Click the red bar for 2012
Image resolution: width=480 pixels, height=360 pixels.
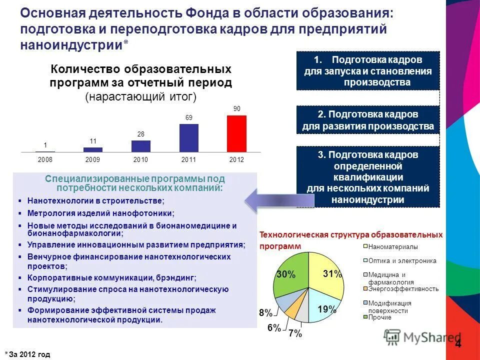(236, 133)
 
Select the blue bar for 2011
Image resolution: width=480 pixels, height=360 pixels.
(188, 137)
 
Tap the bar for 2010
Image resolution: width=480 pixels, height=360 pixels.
(141, 146)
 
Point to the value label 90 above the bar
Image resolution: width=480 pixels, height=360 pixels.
(236, 108)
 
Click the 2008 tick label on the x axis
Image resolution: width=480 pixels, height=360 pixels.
(45, 159)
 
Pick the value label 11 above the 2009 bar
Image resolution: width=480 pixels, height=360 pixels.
(93, 141)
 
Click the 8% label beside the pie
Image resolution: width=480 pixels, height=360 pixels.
(265, 313)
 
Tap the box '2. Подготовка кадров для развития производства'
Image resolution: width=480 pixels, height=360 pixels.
(367, 120)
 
